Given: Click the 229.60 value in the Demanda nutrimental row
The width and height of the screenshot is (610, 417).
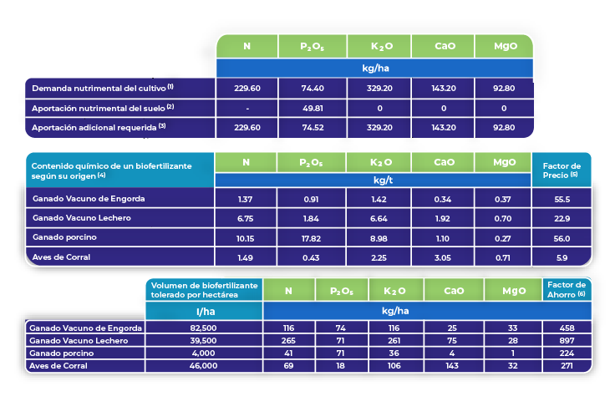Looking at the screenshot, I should pos(247,88).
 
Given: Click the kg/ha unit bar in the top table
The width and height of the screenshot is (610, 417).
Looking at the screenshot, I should pos(374,67).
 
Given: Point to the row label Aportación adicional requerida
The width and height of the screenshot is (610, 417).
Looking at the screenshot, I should pos(99,127).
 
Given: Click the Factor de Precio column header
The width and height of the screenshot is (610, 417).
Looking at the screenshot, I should pos(561,169).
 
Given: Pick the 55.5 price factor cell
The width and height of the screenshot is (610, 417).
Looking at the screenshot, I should pos(561,201).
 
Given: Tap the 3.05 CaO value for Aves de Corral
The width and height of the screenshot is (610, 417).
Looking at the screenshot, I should pos(443,257).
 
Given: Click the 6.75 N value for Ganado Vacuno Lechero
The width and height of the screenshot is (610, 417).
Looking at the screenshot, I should pos(245,219).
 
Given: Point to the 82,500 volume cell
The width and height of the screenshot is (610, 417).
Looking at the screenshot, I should pos(203,328).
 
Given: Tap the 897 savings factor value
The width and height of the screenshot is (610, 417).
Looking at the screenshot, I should pos(566,340).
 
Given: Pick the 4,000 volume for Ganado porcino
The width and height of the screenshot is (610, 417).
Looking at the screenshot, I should pos(203,353).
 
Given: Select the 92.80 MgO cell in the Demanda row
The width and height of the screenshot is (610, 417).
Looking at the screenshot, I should pos(504,88).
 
